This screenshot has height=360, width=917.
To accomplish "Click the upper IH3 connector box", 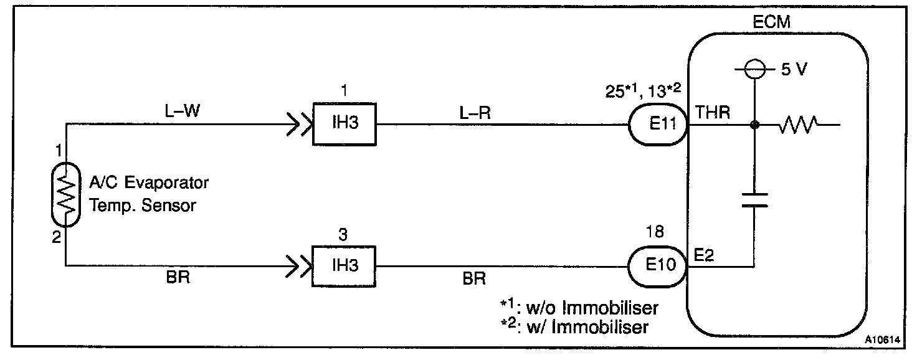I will tap(344, 125).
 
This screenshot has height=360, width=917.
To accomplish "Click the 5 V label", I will tap(794, 70).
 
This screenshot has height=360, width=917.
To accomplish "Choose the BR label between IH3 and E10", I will tap(474, 278).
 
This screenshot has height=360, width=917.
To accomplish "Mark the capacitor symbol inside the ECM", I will tap(754, 200).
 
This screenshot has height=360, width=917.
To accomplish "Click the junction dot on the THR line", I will tap(754, 125).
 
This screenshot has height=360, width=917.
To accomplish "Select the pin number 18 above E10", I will tap(655, 234).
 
